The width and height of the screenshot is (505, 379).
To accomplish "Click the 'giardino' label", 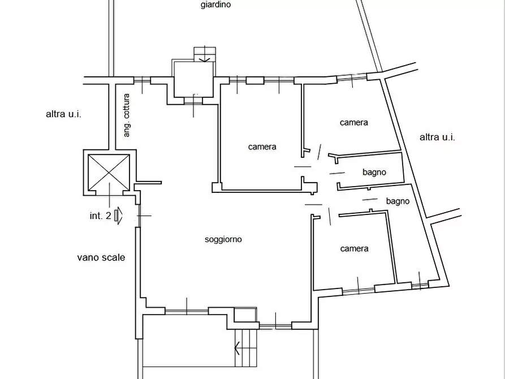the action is click(x=215, y=5).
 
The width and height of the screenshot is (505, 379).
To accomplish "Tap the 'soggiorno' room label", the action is click(x=223, y=239).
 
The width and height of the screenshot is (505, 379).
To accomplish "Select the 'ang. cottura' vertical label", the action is click(x=127, y=115).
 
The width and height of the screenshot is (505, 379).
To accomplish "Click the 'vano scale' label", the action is click(x=101, y=257).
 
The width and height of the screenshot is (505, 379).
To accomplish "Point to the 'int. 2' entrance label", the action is click(x=101, y=216).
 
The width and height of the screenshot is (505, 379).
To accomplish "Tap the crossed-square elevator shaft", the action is click(x=109, y=173).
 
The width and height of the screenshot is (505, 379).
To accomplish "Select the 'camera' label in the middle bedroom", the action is click(x=262, y=147).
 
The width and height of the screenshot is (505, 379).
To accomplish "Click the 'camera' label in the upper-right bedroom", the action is click(x=353, y=122).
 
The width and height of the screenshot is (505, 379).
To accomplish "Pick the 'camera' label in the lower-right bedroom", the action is click(x=354, y=248).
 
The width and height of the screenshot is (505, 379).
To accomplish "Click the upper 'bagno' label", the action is click(x=374, y=172).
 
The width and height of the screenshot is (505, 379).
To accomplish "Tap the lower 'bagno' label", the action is click(x=398, y=201).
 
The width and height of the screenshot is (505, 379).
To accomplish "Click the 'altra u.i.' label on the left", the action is click(x=63, y=114).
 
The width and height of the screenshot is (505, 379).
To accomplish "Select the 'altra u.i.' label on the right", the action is click(x=437, y=137).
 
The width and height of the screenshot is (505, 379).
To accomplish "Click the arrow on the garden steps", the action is click(x=205, y=59).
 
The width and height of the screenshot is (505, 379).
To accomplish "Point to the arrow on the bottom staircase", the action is click(x=237, y=348).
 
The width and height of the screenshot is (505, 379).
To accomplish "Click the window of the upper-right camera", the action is click(x=352, y=77).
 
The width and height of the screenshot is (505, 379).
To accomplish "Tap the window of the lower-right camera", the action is click(x=359, y=290).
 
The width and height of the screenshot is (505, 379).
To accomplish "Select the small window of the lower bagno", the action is click(x=420, y=285).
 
